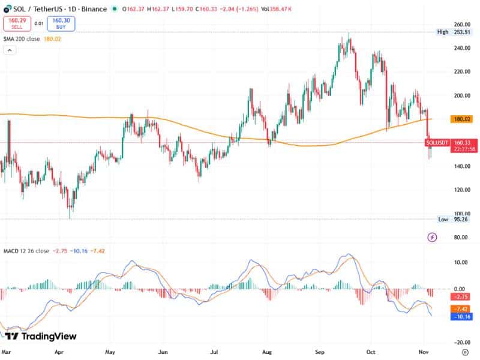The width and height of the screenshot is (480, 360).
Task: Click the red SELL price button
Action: point(16,23)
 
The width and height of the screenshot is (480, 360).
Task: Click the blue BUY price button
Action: point(61,23)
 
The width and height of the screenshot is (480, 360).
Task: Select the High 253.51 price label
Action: point(451,32)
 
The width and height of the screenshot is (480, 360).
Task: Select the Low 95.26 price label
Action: point(451,220)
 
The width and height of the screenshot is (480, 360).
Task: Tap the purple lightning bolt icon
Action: point(433,238)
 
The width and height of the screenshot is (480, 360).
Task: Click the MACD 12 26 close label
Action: point(26,250)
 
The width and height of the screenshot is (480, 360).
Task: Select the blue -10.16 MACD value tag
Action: point(462,317)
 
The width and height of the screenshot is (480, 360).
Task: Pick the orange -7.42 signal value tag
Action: point(462,308)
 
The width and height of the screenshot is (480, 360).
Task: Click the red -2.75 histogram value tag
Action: point(462,297)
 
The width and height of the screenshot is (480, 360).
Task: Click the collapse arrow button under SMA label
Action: point(10,50)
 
